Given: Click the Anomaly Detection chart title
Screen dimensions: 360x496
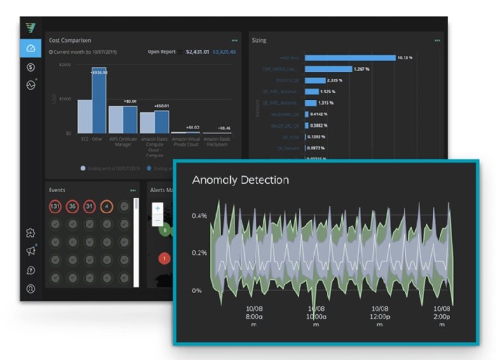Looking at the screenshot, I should (x=240, y=180).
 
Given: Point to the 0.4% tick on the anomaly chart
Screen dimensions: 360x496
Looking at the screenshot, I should (x=199, y=216).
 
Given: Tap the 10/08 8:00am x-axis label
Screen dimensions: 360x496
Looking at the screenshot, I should (x=254, y=315).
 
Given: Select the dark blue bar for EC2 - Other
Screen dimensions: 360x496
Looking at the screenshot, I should (x=99, y=100).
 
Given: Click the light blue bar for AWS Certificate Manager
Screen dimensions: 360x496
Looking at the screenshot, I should (x=116, y=119).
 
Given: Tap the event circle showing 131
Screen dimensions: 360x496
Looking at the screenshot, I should (x=55, y=207).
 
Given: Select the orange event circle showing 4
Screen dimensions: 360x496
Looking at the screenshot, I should (x=107, y=207).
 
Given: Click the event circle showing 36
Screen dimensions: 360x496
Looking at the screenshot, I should (x=72, y=207).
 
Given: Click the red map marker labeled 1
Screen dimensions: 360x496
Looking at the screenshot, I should (x=164, y=258).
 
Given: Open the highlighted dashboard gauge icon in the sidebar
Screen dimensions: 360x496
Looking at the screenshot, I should (x=31, y=48).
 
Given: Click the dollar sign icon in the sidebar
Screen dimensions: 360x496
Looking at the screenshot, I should (x=31, y=67).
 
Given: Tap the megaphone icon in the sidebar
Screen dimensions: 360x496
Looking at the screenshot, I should (x=31, y=251).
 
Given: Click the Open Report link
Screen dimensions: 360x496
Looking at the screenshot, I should (x=162, y=52).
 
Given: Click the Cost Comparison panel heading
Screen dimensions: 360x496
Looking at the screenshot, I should (x=70, y=40).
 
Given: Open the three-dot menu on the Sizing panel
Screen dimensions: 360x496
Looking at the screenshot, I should (x=437, y=40).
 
